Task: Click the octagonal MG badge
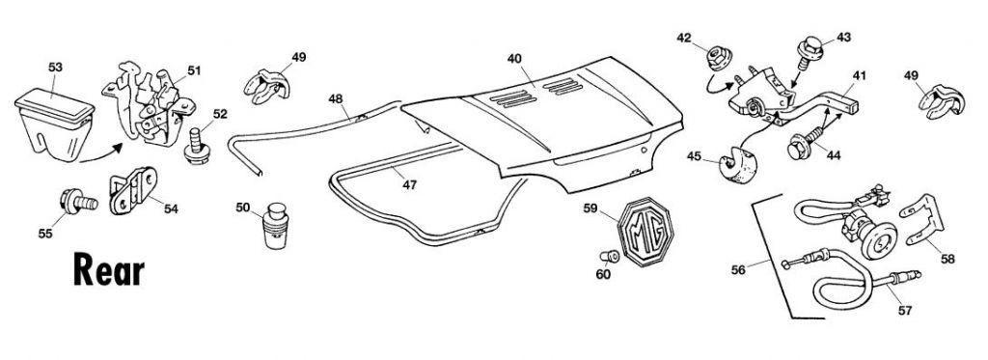(645, 232)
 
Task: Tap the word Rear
(109, 270)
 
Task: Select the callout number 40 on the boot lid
(515, 59)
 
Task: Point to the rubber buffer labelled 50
(275, 225)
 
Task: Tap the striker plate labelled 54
(133, 190)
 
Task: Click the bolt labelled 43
(810, 52)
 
